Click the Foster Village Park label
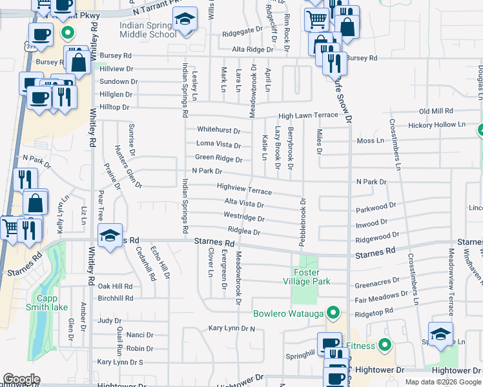click(307, 277)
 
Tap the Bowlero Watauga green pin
click(333, 314)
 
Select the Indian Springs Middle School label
click(148, 30)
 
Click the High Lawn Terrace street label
click(308, 115)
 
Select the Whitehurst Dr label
click(218, 130)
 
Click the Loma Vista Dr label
click(218, 144)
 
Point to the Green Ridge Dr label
click(218, 159)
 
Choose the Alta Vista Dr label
click(243, 203)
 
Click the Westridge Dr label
click(243, 218)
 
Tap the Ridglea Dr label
click(243, 232)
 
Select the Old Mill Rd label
click(438, 112)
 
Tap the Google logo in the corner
click(21, 379)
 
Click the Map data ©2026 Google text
click(443, 382)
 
